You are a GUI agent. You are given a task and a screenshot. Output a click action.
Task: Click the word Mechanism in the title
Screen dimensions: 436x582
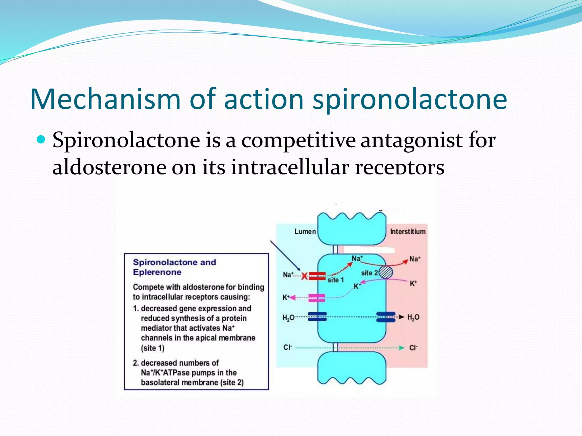[105, 99]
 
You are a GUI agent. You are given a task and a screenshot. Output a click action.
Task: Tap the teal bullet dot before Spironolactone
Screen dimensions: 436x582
[41, 140]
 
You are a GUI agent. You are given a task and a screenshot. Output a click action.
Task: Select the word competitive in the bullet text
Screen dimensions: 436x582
[298, 141]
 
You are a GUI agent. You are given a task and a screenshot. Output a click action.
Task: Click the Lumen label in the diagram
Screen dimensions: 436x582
[305, 232]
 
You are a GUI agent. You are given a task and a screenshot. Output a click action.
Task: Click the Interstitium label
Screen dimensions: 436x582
[408, 232]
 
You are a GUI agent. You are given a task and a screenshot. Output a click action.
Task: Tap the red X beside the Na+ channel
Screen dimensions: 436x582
[304, 276]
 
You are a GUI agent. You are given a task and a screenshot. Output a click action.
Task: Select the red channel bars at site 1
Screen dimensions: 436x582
[317, 276]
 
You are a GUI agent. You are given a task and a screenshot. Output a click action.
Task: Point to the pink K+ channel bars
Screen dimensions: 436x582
[317, 298]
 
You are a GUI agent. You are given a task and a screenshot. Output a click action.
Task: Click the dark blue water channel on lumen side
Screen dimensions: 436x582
[317, 317]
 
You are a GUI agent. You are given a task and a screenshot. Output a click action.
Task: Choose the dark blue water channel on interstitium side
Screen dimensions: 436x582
[386, 317]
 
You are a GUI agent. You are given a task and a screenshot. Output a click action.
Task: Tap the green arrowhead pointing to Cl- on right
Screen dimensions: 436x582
[402, 348]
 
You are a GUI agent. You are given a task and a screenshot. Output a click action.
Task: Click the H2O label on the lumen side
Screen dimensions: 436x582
[288, 318]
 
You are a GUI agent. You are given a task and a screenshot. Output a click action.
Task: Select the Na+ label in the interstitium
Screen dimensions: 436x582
[414, 259]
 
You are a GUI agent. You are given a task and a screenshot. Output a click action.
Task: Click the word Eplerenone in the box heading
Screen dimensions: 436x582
[157, 272]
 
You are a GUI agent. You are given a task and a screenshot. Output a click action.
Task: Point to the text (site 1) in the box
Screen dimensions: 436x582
[153, 348]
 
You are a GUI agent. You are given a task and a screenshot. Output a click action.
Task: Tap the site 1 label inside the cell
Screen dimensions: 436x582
[336, 280]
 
